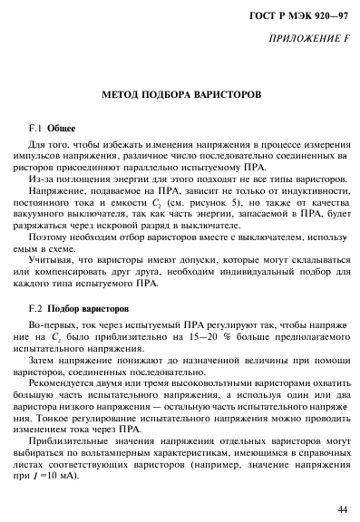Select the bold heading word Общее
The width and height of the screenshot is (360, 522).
(x=63, y=128)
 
